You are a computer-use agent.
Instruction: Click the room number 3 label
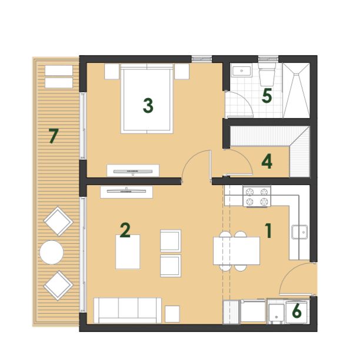[148, 106]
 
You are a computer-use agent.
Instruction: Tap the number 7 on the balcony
[54, 136]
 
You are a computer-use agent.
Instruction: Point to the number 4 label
[267, 162]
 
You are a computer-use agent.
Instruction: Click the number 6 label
[296, 310]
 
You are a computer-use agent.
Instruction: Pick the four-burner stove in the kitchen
[256, 196]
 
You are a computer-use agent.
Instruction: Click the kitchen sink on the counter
[299, 232]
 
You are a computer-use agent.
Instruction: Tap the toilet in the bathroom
[267, 74]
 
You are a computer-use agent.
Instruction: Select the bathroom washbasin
[241, 71]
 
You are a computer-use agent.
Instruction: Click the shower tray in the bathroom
[296, 90]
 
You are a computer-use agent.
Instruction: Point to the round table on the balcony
[52, 252]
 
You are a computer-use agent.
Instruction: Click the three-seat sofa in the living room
[128, 310]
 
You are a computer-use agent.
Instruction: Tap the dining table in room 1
[236, 251]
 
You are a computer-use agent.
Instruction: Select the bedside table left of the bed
[112, 72]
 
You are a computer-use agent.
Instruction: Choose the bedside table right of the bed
[182, 72]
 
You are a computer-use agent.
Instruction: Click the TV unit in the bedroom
[133, 170]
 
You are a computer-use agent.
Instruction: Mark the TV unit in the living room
[126, 192]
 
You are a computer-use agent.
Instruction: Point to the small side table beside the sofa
[172, 314]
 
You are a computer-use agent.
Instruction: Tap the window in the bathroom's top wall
[268, 59]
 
